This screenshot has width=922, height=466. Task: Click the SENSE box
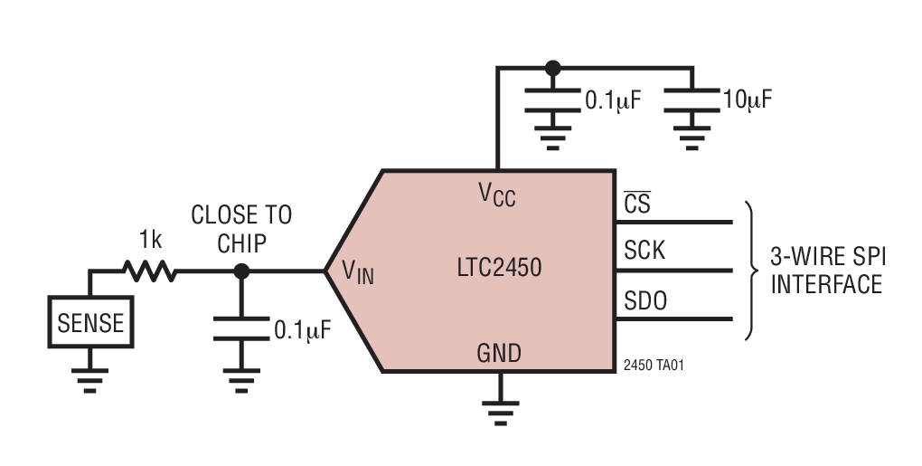coord(89,323)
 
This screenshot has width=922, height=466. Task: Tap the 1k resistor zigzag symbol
coord(150,270)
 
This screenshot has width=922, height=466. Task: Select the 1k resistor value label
coord(150,241)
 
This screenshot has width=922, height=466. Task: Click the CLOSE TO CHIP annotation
coord(241,228)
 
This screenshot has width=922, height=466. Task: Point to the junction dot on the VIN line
coord(241,271)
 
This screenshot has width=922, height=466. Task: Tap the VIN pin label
coord(357,271)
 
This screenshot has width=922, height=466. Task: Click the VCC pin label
coord(496,194)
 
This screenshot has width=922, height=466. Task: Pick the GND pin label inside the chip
coord(499,352)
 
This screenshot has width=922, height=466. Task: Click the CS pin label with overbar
coord(636,204)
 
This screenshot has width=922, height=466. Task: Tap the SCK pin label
coord(644,251)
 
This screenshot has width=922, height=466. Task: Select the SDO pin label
coord(645,300)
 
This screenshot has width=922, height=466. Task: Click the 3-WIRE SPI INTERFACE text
coord(826,271)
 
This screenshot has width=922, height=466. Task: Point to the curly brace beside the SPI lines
coord(750,271)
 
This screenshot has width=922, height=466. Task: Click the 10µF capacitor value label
coord(748,99)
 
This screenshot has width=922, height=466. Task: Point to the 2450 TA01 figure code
coord(647,366)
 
